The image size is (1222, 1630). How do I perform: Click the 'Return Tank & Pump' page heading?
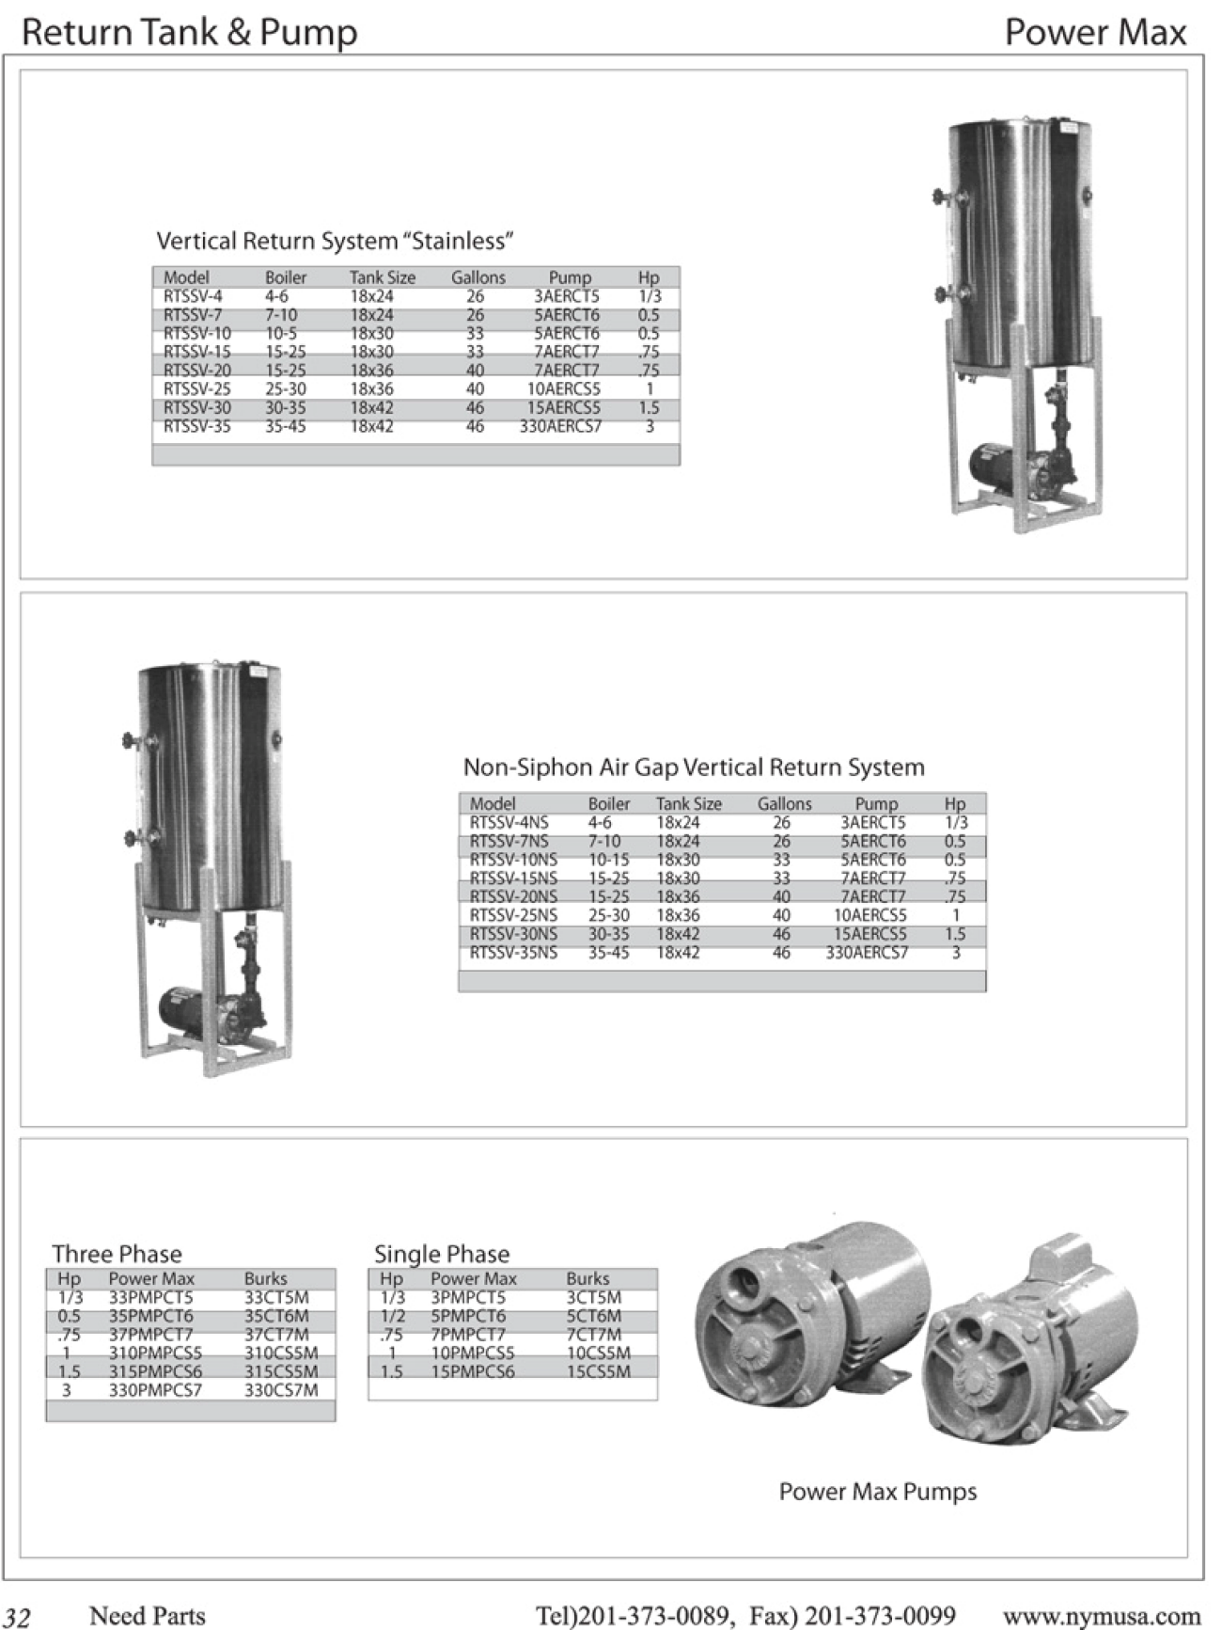(189, 33)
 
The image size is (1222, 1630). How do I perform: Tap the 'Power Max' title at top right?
(1095, 33)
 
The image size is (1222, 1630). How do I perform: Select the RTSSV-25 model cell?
(196, 389)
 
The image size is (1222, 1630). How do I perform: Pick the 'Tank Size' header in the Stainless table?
(382, 277)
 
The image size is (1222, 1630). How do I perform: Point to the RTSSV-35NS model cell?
(513, 953)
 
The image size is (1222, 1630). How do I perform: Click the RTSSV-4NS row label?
(509, 822)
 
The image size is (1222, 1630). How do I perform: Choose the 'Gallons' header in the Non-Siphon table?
(784, 804)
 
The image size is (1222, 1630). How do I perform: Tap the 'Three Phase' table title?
(117, 1254)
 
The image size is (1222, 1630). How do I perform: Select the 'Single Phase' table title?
(442, 1254)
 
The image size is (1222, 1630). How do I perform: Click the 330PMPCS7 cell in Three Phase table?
(155, 1390)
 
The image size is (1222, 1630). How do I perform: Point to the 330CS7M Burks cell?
(281, 1390)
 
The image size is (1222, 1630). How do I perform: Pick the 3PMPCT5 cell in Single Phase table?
(468, 1298)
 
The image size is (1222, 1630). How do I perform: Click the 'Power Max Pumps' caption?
(878, 1492)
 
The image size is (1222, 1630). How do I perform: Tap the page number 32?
(18, 1616)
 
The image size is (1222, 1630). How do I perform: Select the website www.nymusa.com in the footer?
(1102, 1616)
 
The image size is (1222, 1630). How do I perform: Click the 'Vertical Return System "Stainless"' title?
(335, 241)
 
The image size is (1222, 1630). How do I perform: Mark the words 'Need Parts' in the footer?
(147, 1616)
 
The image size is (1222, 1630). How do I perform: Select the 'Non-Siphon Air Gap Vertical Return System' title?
(694, 768)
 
